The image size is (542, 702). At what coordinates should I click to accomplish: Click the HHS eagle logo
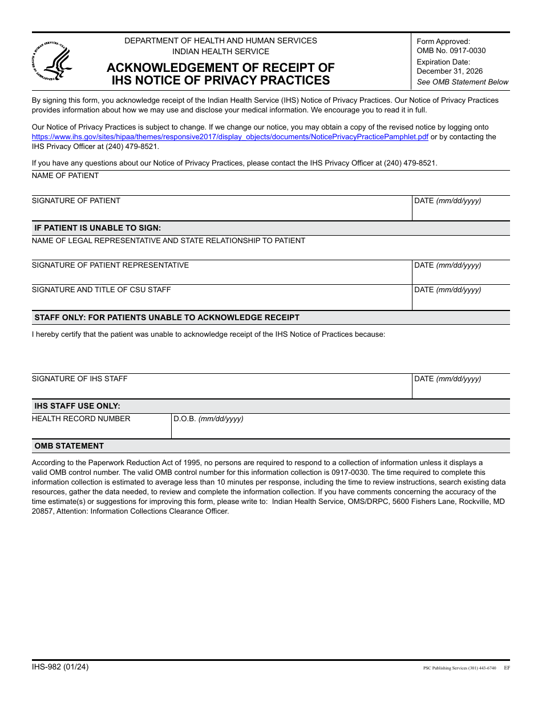pos(50,60)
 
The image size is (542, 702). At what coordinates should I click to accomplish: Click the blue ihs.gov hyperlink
pos(230,137)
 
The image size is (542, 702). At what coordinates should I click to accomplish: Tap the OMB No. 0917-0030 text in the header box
pos(451,51)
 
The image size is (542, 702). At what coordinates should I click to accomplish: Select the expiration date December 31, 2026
pos(449,71)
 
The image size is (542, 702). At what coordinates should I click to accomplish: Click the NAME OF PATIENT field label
pos(65,176)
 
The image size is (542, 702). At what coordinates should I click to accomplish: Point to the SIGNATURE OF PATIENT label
pos(76,201)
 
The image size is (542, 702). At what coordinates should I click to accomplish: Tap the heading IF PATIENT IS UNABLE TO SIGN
pos(98,228)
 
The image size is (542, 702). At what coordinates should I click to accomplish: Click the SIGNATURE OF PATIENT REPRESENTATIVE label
pos(110,265)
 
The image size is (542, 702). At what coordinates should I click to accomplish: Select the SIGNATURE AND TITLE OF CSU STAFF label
pos(101,290)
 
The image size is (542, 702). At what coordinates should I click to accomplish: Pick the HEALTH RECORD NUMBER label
pos(81,419)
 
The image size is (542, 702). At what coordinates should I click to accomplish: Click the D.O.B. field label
pos(208,419)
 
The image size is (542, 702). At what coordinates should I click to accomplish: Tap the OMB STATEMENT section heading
pos(69,446)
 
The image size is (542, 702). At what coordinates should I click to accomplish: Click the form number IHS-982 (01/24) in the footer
pos(60,667)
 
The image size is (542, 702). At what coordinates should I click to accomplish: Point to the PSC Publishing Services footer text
pos(459,668)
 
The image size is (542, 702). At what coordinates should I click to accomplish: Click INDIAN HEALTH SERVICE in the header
pos(221,51)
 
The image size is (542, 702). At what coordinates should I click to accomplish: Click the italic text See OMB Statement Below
pos(462,82)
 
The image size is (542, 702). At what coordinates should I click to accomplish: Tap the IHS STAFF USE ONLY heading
pos(77,406)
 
